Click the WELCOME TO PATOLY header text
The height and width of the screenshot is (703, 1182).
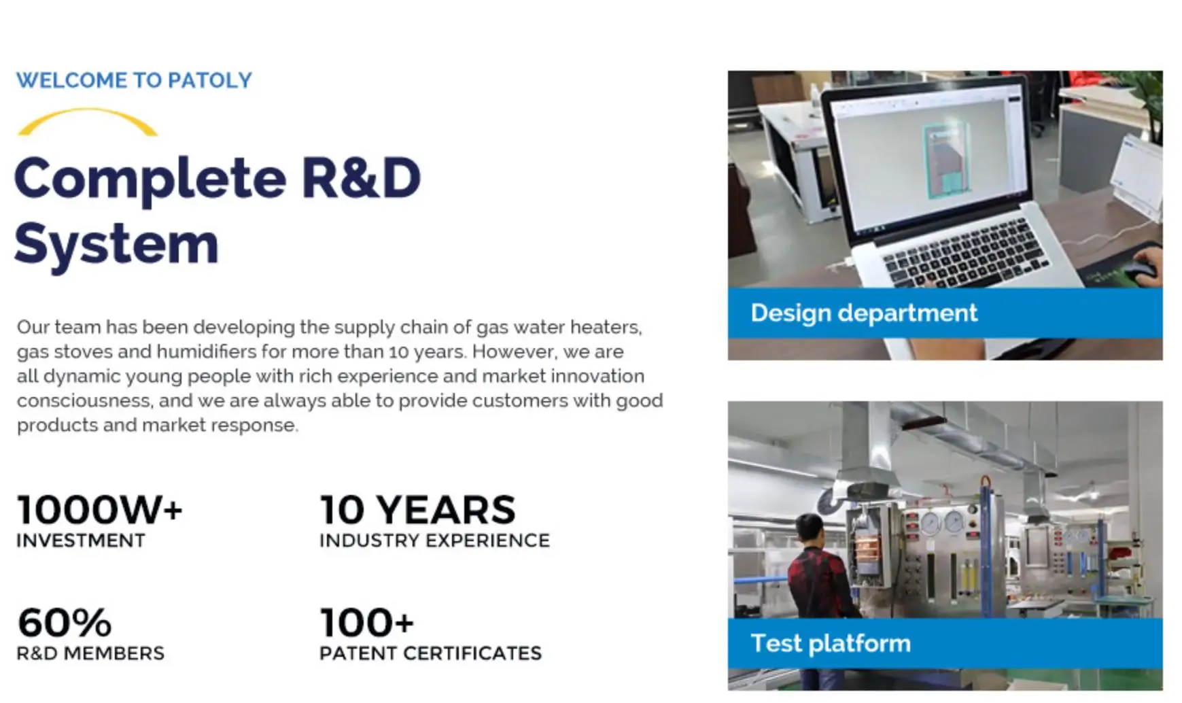pos(134,80)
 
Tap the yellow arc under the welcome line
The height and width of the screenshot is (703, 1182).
pos(87,120)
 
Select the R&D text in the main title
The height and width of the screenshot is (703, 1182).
pos(361,178)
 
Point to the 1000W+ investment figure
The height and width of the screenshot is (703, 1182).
pos(99,510)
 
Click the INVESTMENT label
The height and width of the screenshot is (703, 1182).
pos(81,541)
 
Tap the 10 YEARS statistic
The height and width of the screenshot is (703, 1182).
pos(417,510)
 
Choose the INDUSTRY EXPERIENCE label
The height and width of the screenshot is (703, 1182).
pos(434,541)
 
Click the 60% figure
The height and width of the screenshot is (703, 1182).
pos(65,622)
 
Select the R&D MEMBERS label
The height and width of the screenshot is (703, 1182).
pos(90,653)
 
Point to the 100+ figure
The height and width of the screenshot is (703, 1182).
pos(366,622)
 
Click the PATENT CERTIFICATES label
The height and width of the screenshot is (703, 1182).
pos(430,653)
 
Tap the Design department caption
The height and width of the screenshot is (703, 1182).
pos(863,313)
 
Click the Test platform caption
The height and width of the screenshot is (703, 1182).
pos(830,643)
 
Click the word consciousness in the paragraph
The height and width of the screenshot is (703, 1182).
pos(84,400)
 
